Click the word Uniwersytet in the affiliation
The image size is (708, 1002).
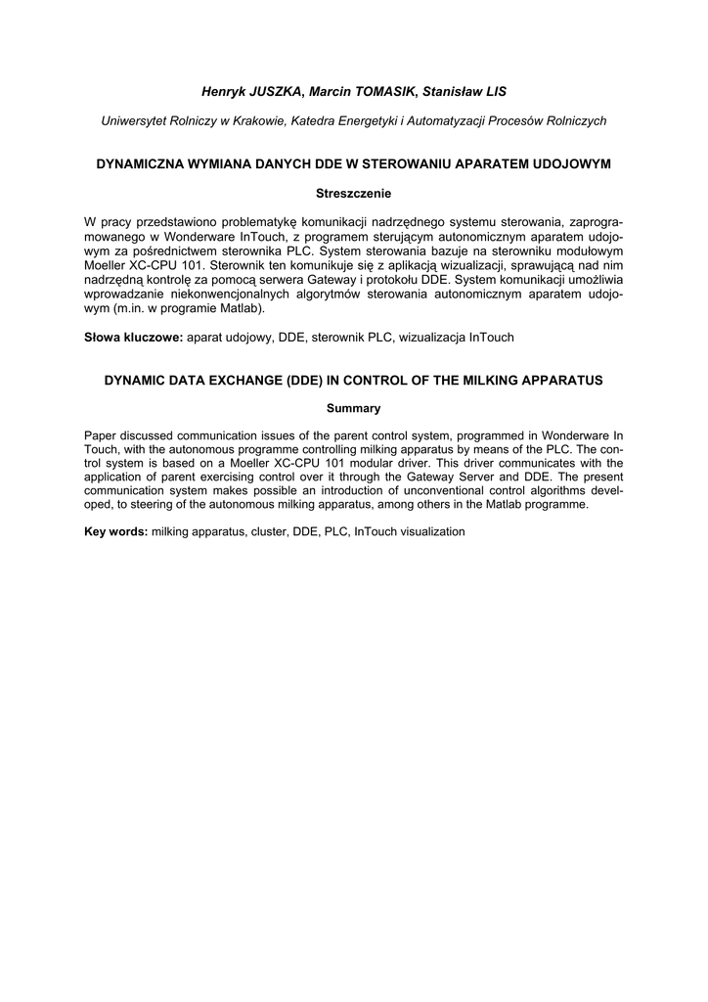pos(136,120)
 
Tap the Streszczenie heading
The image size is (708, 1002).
pos(353,194)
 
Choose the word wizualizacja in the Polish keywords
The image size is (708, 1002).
pos(426,337)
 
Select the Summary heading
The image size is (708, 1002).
pos(353,408)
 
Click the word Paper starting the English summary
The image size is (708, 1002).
pos(102,433)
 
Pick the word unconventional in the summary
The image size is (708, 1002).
pos(428,489)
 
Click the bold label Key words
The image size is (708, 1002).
pos(116,531)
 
